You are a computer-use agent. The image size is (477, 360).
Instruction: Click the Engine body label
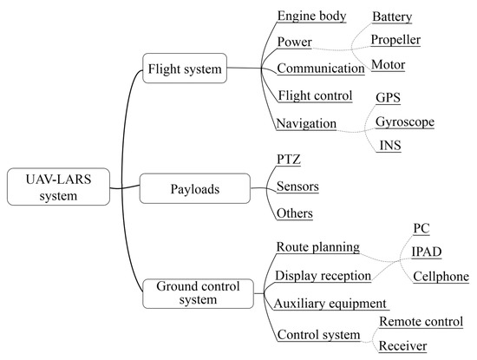point(311,16)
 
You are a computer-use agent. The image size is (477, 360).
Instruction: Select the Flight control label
point(315,95)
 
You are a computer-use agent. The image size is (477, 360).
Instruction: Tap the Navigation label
point(306,123)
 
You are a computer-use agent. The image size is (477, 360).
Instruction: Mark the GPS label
point(388,98)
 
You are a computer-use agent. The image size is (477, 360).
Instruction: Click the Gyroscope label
point(404,121)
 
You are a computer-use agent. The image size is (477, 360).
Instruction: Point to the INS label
point(389,145)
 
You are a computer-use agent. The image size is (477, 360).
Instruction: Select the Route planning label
point(317,246)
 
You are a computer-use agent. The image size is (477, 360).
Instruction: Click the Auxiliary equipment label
point(330,304)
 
